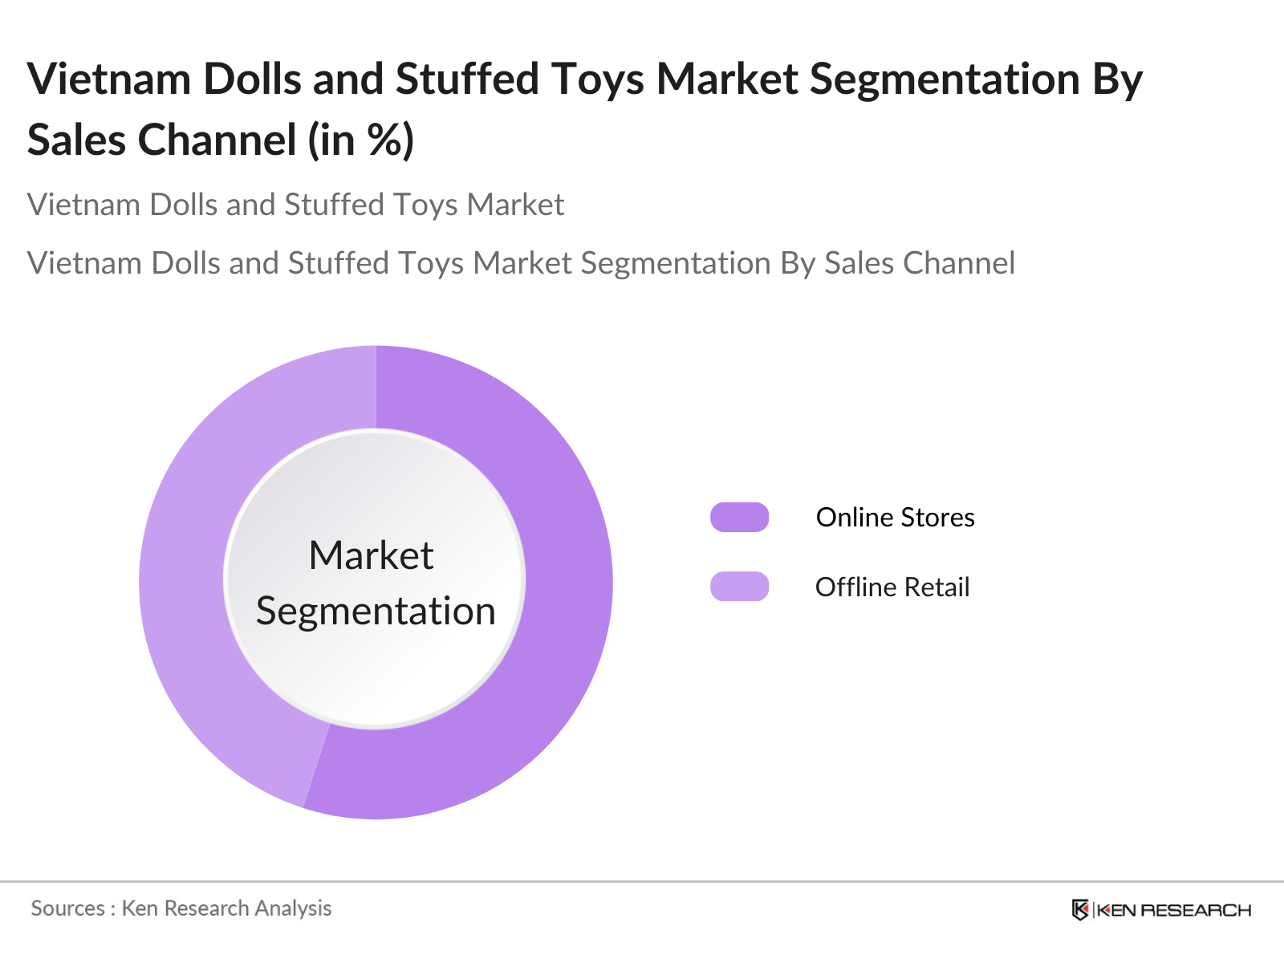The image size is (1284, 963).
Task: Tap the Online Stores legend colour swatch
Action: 739,518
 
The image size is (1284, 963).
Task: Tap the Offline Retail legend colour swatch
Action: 739,587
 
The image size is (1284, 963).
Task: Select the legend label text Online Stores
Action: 895,518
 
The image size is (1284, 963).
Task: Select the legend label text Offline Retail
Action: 892,587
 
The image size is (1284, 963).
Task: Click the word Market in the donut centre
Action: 371,555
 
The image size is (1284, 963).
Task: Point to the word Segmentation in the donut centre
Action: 376,612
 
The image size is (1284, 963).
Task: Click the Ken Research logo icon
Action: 1080,910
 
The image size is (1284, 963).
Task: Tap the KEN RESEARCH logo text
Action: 1173,910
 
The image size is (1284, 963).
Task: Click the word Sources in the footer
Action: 67,908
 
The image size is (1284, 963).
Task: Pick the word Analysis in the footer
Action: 293,908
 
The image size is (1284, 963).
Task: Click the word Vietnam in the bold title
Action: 108,79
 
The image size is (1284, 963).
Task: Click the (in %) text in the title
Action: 361,140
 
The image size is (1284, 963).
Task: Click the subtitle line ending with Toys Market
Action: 295,205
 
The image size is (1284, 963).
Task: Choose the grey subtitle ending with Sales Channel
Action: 521,263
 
